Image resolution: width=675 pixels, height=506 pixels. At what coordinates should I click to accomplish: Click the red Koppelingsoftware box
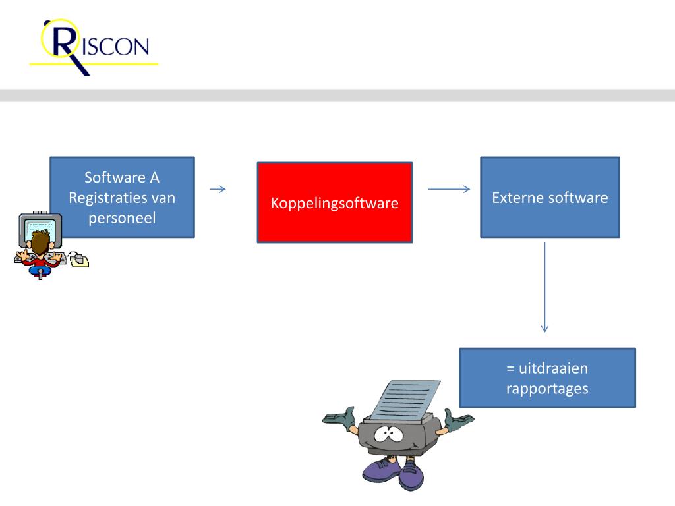tap(334, 202)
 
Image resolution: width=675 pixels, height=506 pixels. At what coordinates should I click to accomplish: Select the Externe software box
tap(550, 197)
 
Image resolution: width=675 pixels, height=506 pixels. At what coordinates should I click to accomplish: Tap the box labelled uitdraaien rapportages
tap(547, 378)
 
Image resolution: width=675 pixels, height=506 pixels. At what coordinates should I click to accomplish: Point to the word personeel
tap(122, 217)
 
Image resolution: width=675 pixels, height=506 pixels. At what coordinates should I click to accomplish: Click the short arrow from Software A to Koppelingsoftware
tap(218, 190)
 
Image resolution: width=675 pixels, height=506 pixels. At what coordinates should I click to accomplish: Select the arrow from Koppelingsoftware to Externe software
tap(448, 190)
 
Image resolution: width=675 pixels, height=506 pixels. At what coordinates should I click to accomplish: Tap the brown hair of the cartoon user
tap(40, 241)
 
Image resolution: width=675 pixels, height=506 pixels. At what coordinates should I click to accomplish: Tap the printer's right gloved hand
tap(457, 420)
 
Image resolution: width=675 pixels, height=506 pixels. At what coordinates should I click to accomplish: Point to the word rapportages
tap(547, 388)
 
